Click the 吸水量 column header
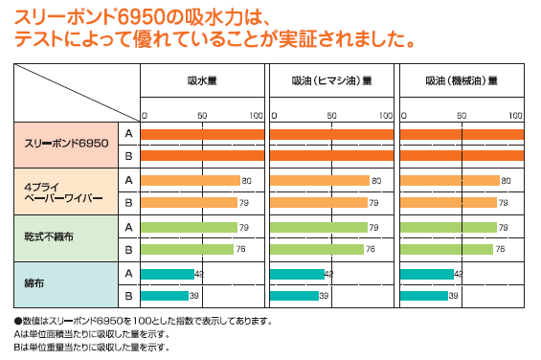click(202, 81)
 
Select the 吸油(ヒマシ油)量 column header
click(331, 81)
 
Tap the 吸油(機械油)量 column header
click(462, 81)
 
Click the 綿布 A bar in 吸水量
click(168, 274)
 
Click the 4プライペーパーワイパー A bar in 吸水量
click(190, 180)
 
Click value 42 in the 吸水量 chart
click(199, 274)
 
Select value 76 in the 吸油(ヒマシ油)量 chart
click(371, 250)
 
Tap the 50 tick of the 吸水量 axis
click(202, 116)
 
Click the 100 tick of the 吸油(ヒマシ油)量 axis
click(385, 116)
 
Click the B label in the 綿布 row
click(127, 296)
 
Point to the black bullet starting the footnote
click(17, 321)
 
